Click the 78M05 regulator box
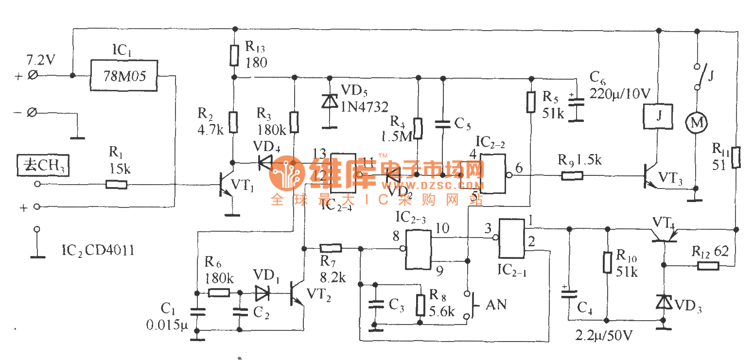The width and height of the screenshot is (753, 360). click(x=123, y=76)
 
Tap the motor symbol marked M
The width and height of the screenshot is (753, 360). click(x=697, y=123)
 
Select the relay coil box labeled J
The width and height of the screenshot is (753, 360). click(x=657, y=117)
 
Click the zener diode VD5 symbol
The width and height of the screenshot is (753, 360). click(x=331, y=101)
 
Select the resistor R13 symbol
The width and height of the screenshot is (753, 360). click(x=234, y=55)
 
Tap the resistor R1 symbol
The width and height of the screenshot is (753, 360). click(x=116, y=185)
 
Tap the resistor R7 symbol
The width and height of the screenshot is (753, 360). click(x=331, y=248)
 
